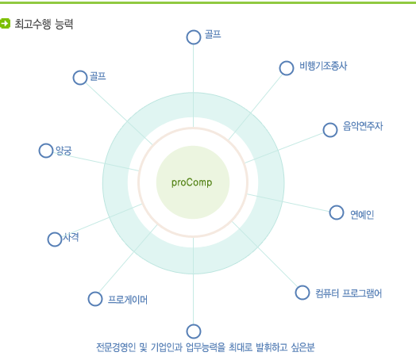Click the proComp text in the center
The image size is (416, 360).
191,182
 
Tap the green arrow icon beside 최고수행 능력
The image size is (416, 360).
5,23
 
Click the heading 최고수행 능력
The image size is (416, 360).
44,24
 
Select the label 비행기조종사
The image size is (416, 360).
323,66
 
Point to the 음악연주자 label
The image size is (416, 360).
363,126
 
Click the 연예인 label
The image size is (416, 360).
362,215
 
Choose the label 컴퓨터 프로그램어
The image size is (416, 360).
349,293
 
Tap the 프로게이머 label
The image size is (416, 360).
128,300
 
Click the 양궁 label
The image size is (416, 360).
64,151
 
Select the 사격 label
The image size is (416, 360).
71,237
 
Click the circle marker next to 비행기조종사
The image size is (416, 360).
287,68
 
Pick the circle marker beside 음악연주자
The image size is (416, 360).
330,130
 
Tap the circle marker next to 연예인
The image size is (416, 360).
337,213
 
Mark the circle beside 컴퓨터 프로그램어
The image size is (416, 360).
302,293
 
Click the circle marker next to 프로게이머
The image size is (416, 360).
95,299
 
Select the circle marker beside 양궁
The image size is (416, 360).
46,151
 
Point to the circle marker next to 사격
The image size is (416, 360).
55,239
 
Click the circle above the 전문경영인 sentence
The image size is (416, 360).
194,331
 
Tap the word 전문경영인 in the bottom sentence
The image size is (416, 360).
116,347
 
